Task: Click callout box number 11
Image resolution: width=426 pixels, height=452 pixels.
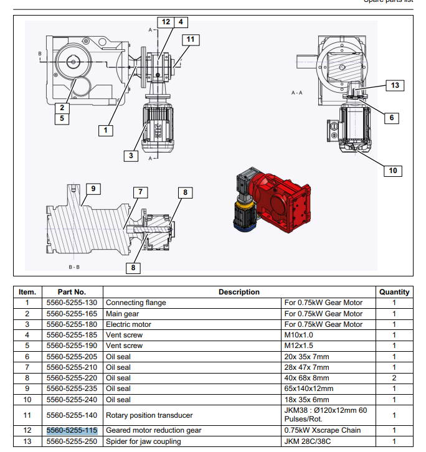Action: click(191, 39)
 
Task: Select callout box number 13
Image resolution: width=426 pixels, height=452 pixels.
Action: click(395, 85)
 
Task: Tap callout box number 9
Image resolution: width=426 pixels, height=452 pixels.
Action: click(92, 188)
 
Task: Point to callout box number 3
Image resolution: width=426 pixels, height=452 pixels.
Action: click(130, 156)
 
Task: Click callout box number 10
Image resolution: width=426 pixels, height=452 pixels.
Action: click(392, 171)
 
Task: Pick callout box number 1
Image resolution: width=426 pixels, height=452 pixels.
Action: click(107, 130)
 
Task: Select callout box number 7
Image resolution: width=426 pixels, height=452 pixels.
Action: click(141, 192)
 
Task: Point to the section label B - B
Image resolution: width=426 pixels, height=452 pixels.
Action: click(73, 266)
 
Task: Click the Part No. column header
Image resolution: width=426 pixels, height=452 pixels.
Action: click(72, 291)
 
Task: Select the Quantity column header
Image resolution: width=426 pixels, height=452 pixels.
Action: click(394, 291)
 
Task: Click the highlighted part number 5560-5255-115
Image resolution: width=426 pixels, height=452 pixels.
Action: click(72, 430)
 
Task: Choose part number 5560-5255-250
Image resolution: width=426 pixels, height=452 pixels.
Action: click(72, 441)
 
